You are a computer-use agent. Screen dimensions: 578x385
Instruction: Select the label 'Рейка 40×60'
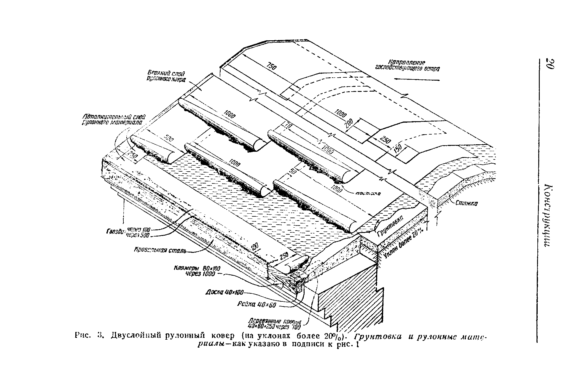(257, 305)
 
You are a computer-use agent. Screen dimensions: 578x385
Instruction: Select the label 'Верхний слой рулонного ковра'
(166, 76)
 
